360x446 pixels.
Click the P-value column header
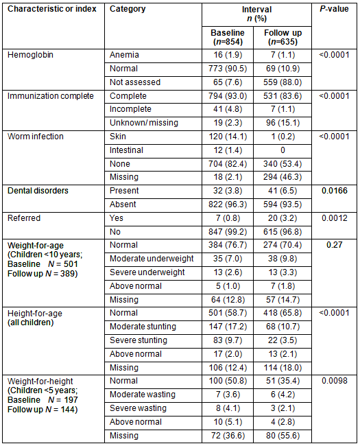(334, 9)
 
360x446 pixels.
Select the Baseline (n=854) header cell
(228, 37)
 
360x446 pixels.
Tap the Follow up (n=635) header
(283, 37)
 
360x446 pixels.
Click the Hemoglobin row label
(30, 55)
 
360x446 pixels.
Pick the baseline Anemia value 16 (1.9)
(228, 55)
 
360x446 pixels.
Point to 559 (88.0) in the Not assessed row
(283, 82)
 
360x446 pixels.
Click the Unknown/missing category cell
(144, 123)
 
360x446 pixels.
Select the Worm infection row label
(36, 137)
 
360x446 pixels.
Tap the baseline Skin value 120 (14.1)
(228, 137)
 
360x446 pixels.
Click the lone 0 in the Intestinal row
(283, 150)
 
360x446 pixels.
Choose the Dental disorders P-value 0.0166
(335, 191)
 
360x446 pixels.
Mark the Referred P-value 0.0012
(335, 218)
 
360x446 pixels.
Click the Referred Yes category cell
(117, 218)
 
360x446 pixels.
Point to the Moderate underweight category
(152, 259)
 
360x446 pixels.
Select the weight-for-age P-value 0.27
(335, 245)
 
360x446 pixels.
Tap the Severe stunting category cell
(139, 340)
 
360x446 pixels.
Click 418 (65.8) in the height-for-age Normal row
(283, 313)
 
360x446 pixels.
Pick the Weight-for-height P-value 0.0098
(335, 381)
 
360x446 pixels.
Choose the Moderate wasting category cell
(143, 395)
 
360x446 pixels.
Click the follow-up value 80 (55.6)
(283, 436)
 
